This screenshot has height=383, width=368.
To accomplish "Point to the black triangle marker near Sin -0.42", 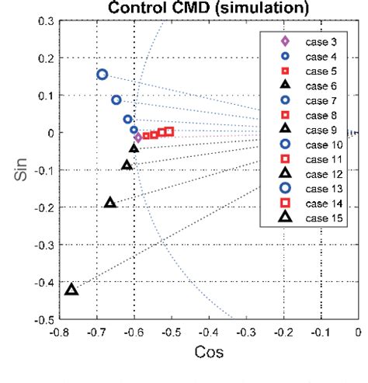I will (71, 290).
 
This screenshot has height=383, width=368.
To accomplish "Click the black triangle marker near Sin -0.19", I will (110, 203).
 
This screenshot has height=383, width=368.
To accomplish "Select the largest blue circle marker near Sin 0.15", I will (102, 75).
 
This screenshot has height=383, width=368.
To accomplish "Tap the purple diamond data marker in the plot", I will (138, 138).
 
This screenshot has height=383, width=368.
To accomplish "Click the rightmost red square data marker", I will (169, 131).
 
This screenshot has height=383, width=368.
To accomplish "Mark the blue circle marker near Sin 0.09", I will (116, 99).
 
